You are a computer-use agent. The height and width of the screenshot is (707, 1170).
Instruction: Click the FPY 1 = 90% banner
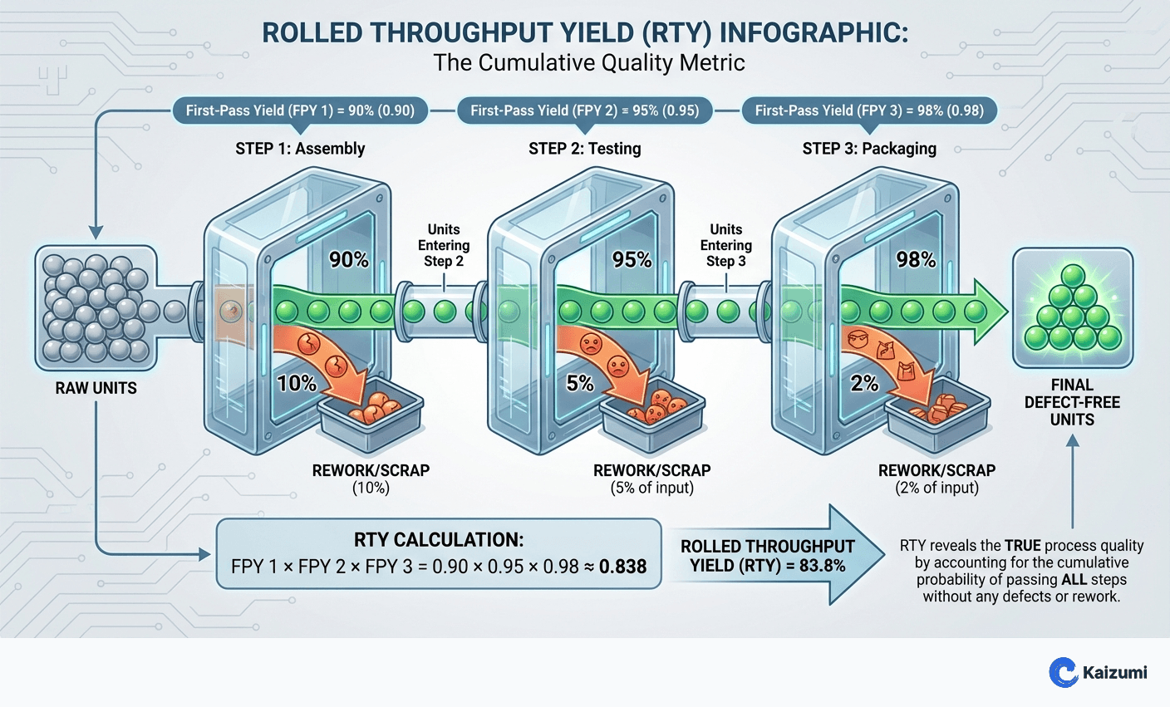[x=299, y=110]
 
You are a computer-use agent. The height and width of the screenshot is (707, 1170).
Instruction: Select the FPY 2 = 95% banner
[x=584, y=110]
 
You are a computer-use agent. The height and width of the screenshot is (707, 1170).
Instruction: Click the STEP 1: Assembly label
[x=300, y=149]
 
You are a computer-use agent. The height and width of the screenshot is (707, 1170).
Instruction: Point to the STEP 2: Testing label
[x=585, y=149]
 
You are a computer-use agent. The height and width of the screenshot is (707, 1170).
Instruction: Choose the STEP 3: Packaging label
[x=869, y=149]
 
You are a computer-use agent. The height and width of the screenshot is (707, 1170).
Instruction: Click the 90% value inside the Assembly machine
[x=349, y=260]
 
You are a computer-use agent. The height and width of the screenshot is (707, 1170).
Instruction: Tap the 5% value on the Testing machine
[x=580, y=383]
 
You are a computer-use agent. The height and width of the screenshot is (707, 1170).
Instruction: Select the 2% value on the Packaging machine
[x=865, y=383]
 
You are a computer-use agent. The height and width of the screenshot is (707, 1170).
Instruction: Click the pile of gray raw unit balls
[x=93, y=307]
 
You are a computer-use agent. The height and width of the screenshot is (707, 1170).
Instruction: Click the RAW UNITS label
[x=96, y=388]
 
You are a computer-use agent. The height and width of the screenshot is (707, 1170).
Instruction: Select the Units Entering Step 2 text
[x=444, y=245]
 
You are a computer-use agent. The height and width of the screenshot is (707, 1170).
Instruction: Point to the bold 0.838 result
[x=622, y=567]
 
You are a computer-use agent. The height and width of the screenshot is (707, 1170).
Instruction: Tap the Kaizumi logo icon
[x=1063, y=672]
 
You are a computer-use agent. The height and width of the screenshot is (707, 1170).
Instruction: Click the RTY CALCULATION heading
[x=439, y=539]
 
